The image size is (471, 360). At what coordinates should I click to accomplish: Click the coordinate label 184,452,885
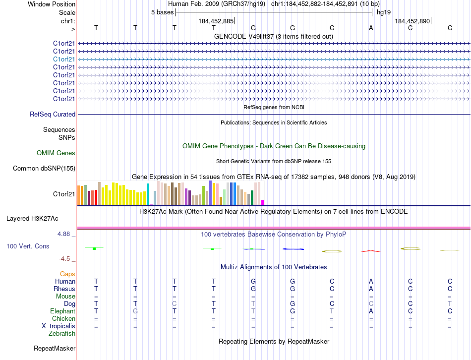pos(216,21)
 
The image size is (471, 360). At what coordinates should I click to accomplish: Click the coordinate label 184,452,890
pos(412,21)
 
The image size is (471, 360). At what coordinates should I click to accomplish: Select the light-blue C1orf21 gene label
pos(64,59)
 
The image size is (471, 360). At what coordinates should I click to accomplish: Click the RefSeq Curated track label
pos(53,114)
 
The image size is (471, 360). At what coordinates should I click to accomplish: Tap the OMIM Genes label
pos(56,153)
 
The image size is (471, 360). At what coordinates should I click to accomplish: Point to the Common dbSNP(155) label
pos(44,168)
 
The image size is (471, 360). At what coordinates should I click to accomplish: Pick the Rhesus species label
pos(65,289)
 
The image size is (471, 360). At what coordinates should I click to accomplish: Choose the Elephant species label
pos(63,311)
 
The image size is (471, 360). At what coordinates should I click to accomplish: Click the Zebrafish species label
pos(62,333)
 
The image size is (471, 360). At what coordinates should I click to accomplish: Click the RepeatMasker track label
pos(55,349)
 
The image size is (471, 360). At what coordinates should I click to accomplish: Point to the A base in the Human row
pos(371,281)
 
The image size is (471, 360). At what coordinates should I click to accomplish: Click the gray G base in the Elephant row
pos(135,311)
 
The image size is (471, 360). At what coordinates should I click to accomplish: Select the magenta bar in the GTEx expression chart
pos(262,202)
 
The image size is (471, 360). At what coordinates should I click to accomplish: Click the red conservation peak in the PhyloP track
pos(370,251)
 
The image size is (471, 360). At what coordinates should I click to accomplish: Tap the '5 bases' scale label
pos(162,12)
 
